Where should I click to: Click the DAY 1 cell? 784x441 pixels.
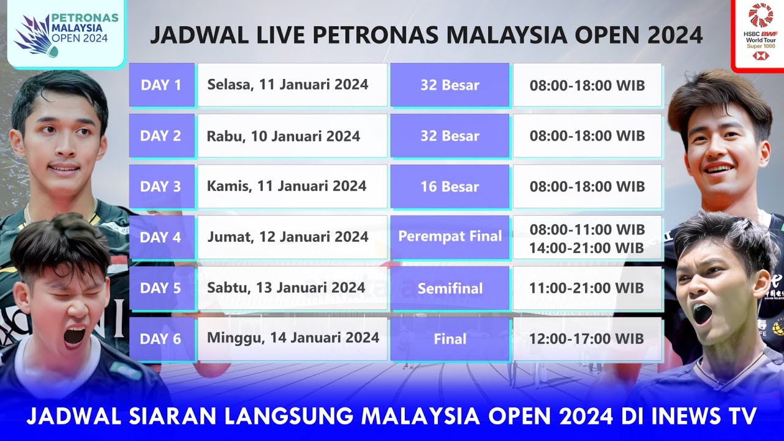coord(161,85)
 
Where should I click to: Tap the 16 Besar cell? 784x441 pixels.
coord(450,187)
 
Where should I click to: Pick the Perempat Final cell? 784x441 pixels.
coord(450,236)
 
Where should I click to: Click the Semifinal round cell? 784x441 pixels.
coord(450,288)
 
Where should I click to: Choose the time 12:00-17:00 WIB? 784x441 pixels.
coord(587,339)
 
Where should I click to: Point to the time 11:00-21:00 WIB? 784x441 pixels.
coord(587,288)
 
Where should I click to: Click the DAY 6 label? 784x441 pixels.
coord(161,339)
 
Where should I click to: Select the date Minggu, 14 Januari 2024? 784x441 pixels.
coord(293,337)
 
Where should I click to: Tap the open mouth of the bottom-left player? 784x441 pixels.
coord(74,335)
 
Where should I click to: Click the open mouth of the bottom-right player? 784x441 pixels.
coord(703,314)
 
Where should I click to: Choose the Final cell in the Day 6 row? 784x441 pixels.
coord(450,339)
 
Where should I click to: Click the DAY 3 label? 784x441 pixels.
coord(161,187)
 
